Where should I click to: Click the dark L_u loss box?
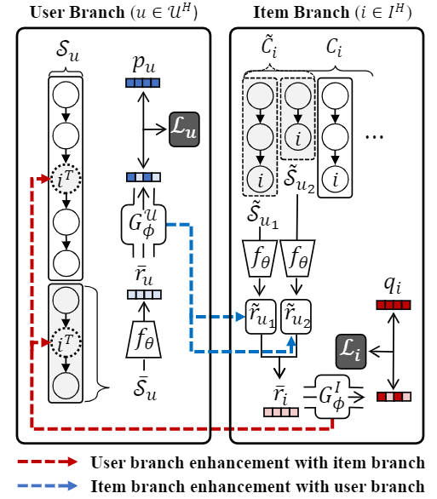[184, 129]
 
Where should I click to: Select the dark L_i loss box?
[351, 352]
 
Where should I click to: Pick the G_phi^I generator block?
[332, 397]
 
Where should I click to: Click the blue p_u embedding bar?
[142, 83]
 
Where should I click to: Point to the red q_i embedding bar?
[394, 305]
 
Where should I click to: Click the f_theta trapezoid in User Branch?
[144, 339]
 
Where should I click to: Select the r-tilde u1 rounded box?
[261, 317]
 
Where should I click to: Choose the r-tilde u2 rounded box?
[296, 317]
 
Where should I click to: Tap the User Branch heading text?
[113, 13]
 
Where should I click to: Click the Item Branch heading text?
[332, 13]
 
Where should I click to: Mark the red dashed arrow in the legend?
[48, 462]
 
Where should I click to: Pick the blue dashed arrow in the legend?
[48, 485]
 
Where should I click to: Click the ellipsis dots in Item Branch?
[374, 137]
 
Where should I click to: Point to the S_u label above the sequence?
[67, 50]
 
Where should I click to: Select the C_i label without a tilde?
[334, 48]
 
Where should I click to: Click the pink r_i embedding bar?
[281, 412]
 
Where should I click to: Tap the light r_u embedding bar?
[144, 295]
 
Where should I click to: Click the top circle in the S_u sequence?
[66, 95]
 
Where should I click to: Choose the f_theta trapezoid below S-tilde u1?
[260, 258]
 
